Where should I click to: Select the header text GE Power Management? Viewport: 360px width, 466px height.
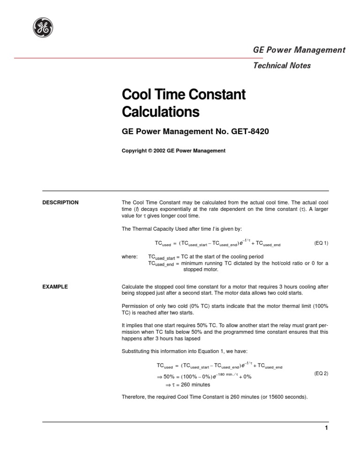click(x=299, y=50)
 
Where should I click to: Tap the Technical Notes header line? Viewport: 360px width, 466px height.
click(x=282, y=66)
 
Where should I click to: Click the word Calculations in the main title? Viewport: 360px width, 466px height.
click(x=160, y=113)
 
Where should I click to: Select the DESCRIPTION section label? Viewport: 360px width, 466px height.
click(x=60, y=203)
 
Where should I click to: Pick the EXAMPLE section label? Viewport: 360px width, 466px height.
click(x=55, y=286)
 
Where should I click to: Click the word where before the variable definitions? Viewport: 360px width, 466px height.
click(x=129, y=257)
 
